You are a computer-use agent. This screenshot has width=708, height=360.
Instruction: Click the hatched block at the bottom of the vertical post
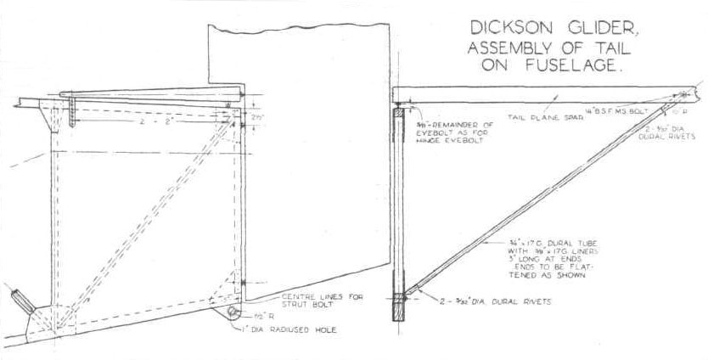coord(400,305)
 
